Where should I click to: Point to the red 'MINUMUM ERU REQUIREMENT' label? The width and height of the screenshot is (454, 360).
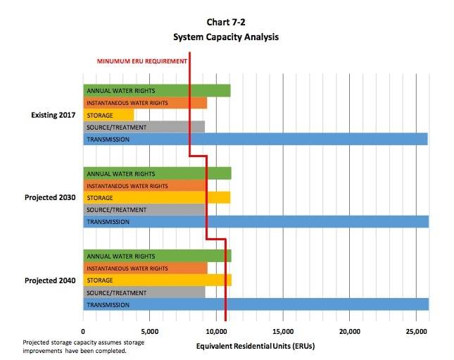click(x=141, y=61)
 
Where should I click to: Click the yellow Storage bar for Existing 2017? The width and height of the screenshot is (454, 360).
click(x=108, y=115)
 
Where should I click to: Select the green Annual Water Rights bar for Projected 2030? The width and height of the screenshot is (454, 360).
click(x=157, y=173)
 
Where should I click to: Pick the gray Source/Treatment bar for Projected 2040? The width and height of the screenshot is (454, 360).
click(x=144, y=292)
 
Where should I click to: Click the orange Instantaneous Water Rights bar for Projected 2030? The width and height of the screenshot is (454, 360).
click(x=145, y=185)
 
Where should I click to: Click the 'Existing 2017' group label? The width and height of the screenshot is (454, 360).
click(x=53, y=115)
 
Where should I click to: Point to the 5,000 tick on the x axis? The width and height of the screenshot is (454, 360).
click(x=150, y=330)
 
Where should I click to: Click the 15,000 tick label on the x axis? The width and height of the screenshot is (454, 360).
click(x=282, y=330)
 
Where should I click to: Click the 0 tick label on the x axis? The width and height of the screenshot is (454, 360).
click(x=83, y=330)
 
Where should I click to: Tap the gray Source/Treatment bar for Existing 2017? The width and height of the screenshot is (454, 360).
click(x=144, y=127)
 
